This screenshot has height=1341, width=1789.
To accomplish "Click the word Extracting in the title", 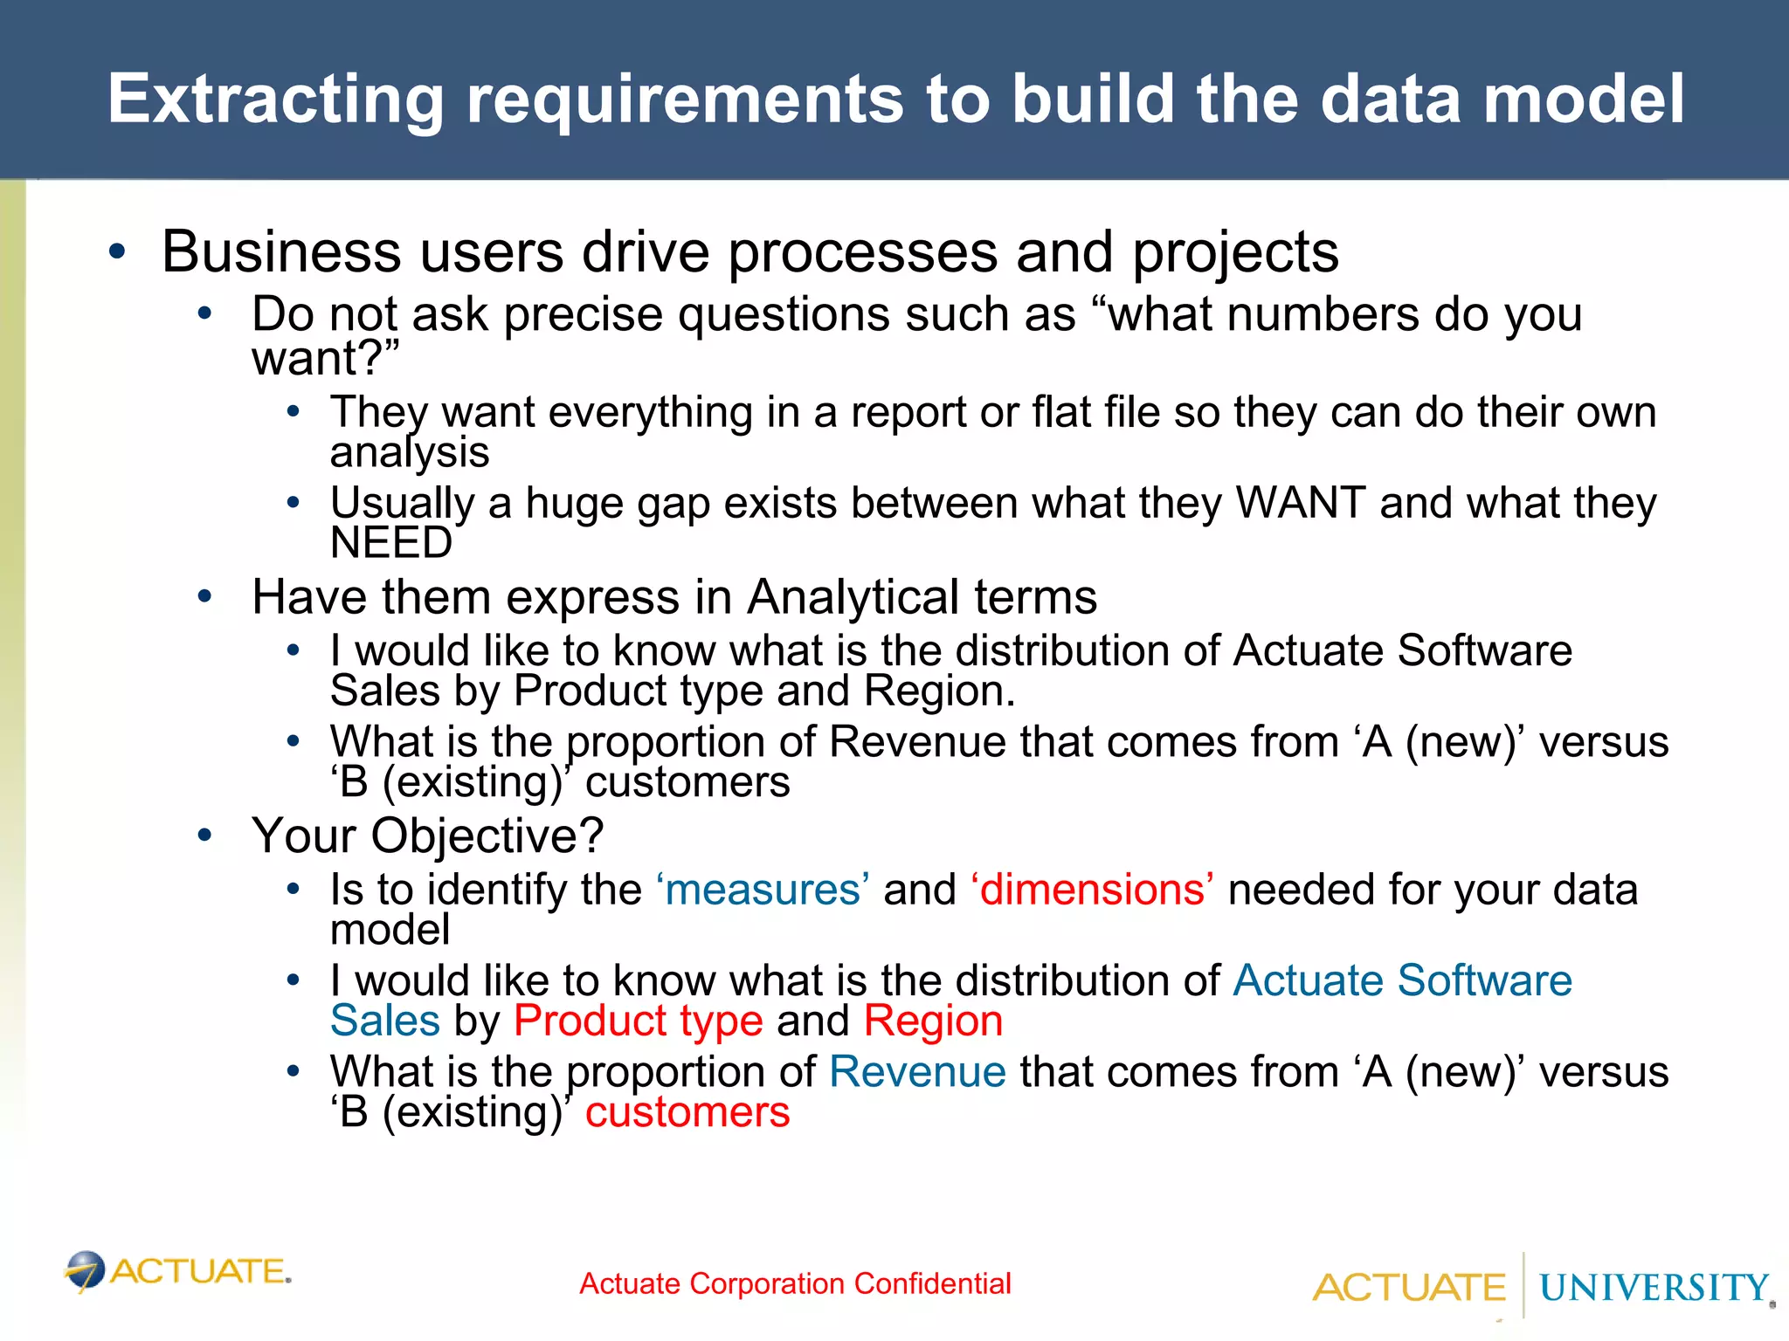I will [x=276, y=99].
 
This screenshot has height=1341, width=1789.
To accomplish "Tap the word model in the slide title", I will [x=1584, y=99].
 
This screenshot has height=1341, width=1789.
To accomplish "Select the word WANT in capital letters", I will [x=1301, y=503].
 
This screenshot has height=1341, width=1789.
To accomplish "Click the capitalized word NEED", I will [x=390, y=543].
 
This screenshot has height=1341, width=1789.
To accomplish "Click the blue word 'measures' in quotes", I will [x=763, y=890].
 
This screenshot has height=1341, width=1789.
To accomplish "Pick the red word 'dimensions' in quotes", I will [x=1092, y=890].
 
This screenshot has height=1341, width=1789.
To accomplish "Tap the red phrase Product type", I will [x=639, y=1021].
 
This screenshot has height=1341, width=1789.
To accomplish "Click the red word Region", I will [x=933, y=1021].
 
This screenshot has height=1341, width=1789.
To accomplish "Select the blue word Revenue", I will [x=917, y=1071].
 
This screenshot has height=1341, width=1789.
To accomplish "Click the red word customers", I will [x=687, y=1112].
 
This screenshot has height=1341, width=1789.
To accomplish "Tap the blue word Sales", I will [x=385, y=1021].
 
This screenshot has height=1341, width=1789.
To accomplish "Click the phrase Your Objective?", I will [x=427, y=836].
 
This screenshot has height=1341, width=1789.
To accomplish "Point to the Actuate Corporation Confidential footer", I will [x=795, y=1283].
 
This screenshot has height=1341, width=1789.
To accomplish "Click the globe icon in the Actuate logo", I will [x=86, y=1271].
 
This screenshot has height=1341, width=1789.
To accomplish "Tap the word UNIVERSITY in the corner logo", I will [x=1654, y=1288].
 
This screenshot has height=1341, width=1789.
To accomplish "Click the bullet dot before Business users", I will [x=117, y=252].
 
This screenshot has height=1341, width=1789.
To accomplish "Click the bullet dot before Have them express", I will [x=204, y=597].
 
